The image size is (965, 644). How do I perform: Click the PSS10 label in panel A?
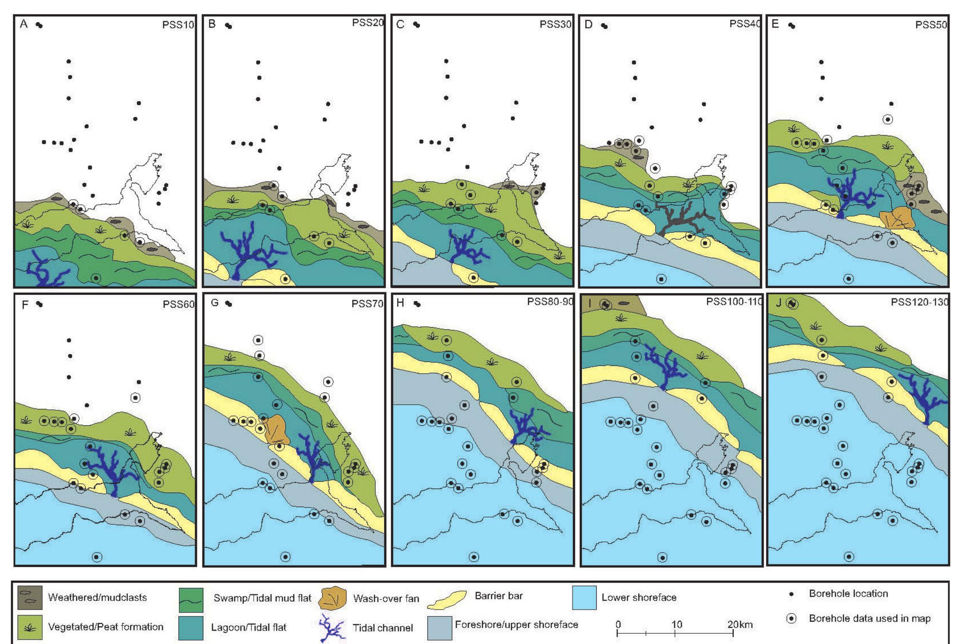pyautogui.click(x=177, y=25)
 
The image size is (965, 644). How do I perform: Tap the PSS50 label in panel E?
pyautogui.click(x=931, y=25)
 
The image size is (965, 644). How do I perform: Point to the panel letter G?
pyautogui.click(x=215, y=303)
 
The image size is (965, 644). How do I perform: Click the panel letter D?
pyautogui.click(x=588, y=25)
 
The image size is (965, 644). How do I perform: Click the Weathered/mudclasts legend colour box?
pyautogui.click(x=30, y=598)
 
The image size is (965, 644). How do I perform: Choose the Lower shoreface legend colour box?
pyautogui.click(x=584, y=598)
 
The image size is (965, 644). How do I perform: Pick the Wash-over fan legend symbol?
pyautogui.click(x=333, y=598)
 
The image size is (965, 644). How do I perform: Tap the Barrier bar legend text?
pyautogui.click(x=498, y=596)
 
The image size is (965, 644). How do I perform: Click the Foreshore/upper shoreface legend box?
pyautogui.click(x=439, y=628)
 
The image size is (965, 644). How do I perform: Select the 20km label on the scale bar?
pyautogui.click(x=740, y=625)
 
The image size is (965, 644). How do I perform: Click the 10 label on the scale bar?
pyautogui.click(x=676, y=625)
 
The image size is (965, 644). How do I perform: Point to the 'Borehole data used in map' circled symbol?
pyautogui.click(x=791, y=619)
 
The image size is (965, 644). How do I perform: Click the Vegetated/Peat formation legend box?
pyautogui.click(x=30, y=627)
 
